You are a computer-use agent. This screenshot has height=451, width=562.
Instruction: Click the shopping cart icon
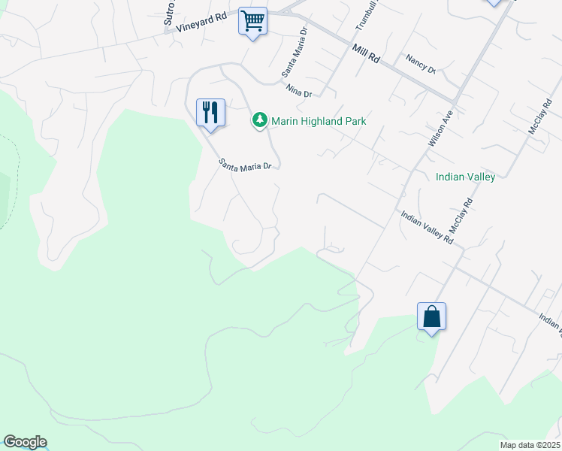click(253, 21)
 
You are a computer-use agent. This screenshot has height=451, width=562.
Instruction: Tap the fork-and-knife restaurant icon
click(210, 113)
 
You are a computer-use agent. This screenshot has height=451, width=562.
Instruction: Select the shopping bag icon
click(432, 316)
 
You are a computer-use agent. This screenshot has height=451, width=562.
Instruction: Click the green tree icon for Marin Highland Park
click(259, 120)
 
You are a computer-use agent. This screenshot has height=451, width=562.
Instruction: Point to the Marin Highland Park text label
click(318, 121)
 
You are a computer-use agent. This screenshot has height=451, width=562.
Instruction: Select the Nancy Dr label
click(420, 63)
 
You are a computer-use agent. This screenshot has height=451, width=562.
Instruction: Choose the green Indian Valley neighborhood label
click(465, 177)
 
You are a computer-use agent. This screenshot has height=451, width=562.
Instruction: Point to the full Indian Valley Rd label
click(427, 228)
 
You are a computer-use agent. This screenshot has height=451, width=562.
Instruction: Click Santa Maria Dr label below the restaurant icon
click(245, 164)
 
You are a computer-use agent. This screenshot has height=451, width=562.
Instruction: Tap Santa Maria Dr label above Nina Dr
click(295, 53)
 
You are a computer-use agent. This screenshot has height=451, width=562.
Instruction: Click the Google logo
click(25, 442)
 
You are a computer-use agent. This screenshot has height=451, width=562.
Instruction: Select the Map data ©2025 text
click(529, 445)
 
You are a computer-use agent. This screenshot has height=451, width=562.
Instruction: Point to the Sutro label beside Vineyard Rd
click(169, 14)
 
